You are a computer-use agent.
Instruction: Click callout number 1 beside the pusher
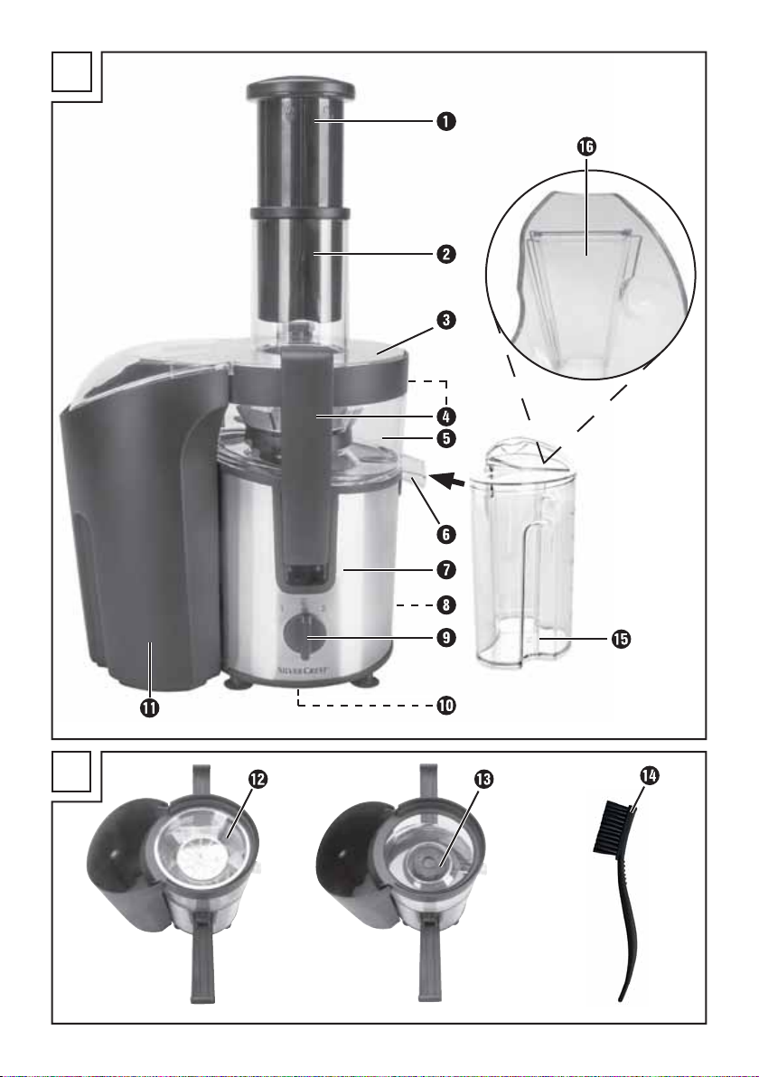(445, 122)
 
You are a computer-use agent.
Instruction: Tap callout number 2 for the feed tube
(445, 254)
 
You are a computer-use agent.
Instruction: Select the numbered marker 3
(445, 320)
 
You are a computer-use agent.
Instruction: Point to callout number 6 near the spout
(445, 534)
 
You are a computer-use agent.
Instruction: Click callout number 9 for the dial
(445, 637)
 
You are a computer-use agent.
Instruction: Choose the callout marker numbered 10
(445, 706)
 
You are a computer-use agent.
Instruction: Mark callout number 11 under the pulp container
(150, 707)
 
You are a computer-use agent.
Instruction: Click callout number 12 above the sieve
(258, 779)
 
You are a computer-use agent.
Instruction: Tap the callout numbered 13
(483, 779)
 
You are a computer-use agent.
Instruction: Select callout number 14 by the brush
(649, 775)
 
